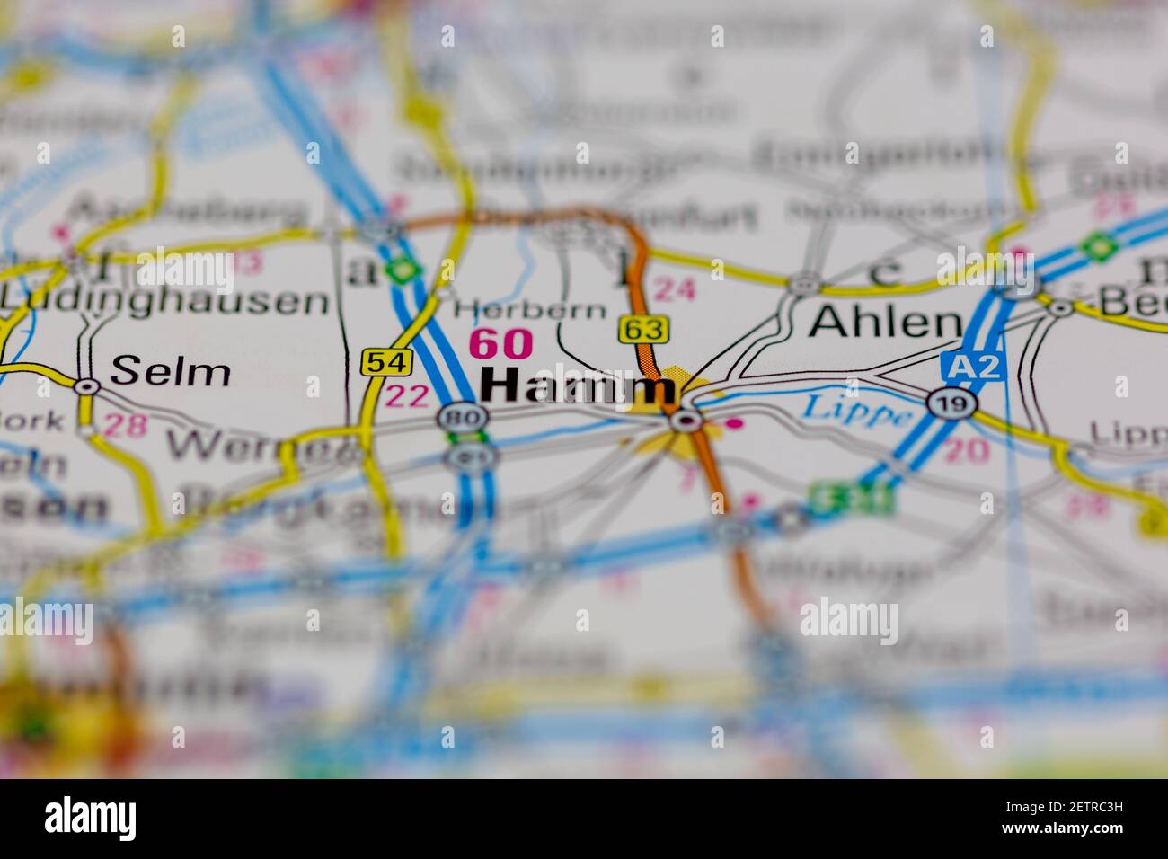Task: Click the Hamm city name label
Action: pyautogui.click(x=578, y=386)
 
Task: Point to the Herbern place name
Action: pyautogui.click(x=529, y=311)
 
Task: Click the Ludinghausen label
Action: pyautogui.click(x=164, y=301)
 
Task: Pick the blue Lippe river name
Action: pyautogui.click(x=856, y=410)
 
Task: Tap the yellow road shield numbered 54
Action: pyautogui.click(x=387, y=362)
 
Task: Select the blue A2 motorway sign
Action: pyautogui.click(x=973, y=366)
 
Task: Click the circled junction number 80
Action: pyautogui.click(x=463, y=417)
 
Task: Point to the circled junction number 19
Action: pyautogui.click(x=951, y=403)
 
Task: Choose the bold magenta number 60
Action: pyautogui.click(x=501, y=344)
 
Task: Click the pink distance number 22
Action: pyautogui.click(x=405, y=396)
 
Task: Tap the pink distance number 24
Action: pyautogui.click(x=675, y=288)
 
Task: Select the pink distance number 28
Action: pyautogui.click(x=125, y=425)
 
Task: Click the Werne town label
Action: pyautogui.click(x=261, y=444)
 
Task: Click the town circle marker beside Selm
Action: pyautogui.click(x=86, y=386)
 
